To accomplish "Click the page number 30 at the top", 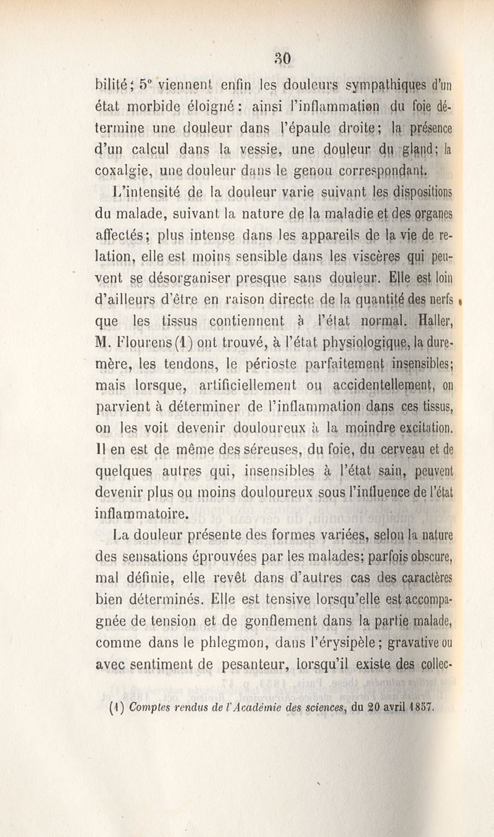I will tap(283, 59).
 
